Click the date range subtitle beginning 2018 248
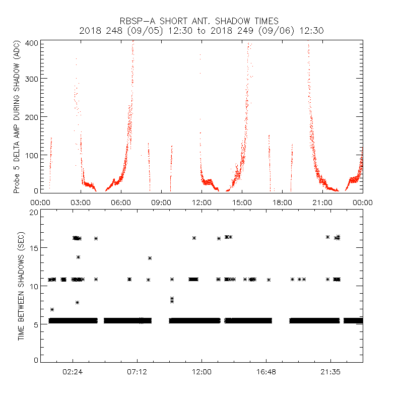(201, 31)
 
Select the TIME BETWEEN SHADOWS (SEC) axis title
(22, 286)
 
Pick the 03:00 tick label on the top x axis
(81, 202)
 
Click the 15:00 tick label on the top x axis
(242, 202)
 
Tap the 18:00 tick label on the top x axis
(282, 202)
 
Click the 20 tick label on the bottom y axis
(34, 212)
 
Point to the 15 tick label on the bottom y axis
(34, 248)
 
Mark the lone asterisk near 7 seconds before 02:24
(52, 309)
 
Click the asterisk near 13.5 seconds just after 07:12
(150, 258)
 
